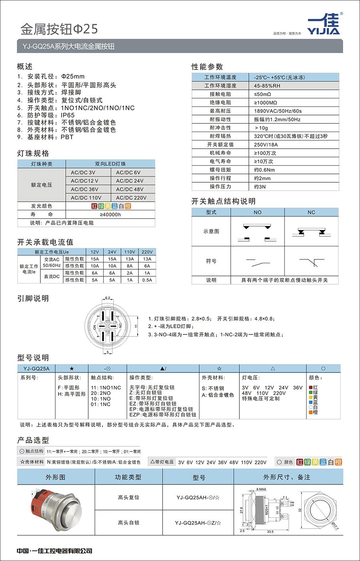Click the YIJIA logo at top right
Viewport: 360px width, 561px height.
324,25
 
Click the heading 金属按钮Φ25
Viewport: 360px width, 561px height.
59,29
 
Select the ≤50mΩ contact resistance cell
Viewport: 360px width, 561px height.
262,94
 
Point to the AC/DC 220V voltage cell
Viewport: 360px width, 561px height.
131,198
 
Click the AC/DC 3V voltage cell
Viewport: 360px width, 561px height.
83,173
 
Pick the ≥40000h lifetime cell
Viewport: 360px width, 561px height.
110,215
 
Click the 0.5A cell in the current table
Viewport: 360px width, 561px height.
147,280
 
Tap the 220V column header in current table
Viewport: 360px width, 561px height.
147,252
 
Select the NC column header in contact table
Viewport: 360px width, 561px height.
311,212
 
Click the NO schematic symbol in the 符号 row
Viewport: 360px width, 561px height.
258,262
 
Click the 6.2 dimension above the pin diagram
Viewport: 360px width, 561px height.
108,298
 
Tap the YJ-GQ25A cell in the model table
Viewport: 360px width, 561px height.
36,368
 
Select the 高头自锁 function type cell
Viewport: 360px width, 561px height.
129,523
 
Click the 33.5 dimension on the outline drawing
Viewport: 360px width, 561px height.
270,532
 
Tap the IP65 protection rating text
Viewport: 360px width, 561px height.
68,115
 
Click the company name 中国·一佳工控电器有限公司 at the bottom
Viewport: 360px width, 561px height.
55,551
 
